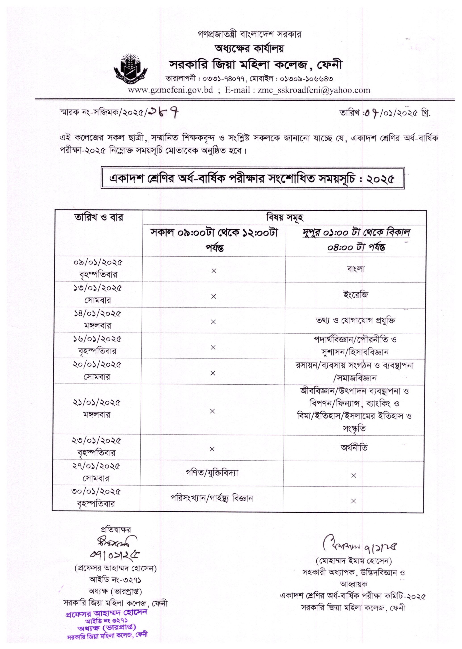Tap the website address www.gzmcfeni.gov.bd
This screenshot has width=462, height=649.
pos(170,90)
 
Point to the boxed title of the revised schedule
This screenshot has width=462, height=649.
pos(253,179)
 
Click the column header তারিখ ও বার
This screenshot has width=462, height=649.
pos(98,218)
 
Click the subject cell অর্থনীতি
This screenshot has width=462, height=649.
pos(354,448)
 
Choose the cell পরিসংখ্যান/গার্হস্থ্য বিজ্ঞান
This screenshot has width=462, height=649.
pos(212,498)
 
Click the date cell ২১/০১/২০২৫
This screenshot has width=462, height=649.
pos(97,403)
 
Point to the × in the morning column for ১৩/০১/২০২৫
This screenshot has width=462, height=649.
pos(214,297)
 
